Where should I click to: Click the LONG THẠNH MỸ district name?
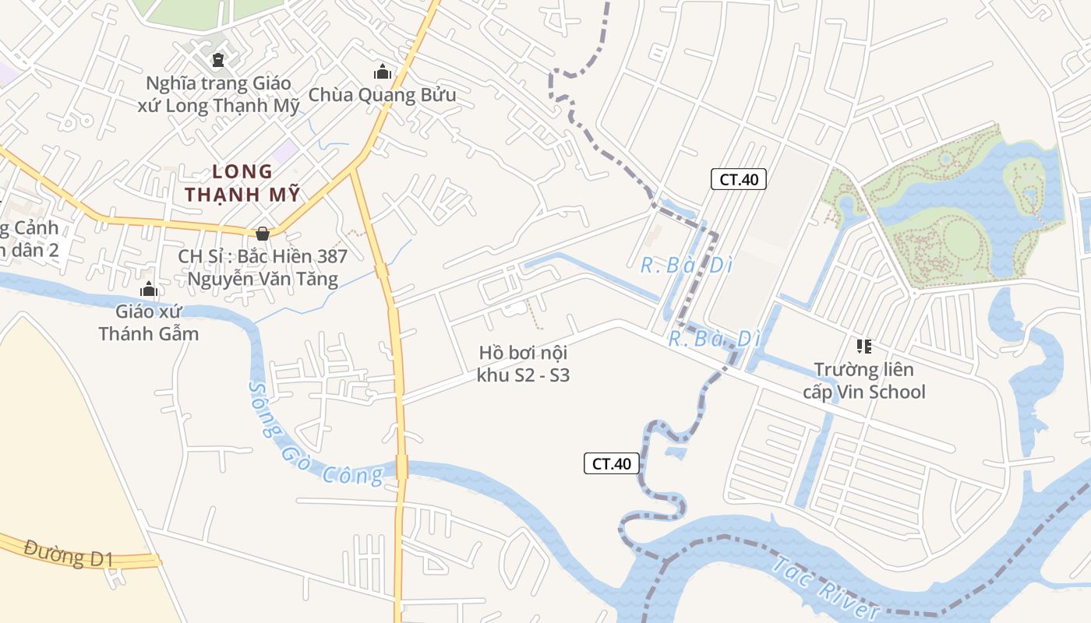(242, 183)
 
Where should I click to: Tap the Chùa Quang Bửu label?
(382, 95)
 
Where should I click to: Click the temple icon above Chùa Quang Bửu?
(382, 72)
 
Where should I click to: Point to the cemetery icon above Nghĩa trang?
(218, 59)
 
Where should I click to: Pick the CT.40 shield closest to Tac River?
(612, 463)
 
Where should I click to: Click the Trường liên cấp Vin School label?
(864, 380)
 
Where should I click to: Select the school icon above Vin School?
(863, 346)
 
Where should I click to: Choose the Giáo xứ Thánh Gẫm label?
(148, 322)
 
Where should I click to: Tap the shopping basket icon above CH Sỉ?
(263, 233)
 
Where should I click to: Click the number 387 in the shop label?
(330, 256)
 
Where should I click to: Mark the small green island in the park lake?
(1027, 183)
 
